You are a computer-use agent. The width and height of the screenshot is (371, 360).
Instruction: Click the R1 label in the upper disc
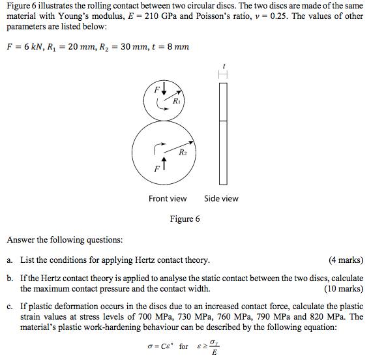click(177, 102)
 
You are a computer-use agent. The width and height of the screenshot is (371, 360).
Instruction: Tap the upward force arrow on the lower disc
click(163, 165)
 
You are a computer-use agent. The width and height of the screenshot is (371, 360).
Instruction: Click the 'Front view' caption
click(168, 198)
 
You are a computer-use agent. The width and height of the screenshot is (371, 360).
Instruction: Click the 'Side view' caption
click(221, 198)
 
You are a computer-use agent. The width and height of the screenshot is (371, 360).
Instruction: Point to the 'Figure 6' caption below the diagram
click(185, 218)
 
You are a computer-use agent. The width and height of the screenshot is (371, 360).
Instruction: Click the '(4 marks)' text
click(346, 260)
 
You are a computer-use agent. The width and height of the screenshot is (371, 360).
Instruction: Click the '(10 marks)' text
click(343, 288)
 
